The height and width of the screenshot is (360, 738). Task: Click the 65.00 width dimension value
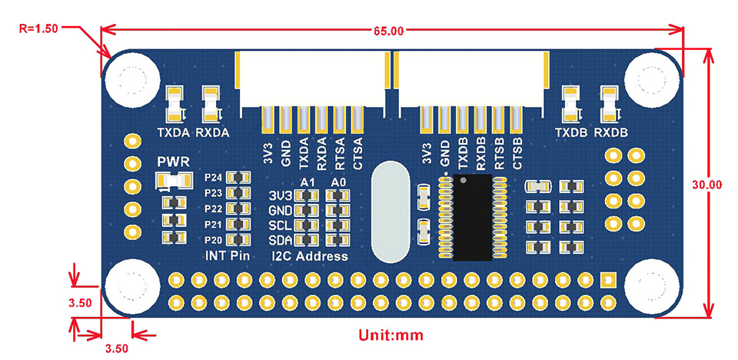click(388, 32)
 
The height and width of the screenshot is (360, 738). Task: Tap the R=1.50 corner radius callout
click(38, 28)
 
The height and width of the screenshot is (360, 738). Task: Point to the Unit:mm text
click(391, 336)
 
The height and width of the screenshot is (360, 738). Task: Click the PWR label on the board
click(171, 162)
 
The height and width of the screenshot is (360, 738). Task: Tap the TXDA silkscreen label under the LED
click(174, 132)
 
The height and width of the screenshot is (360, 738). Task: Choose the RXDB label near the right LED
click(611, 132)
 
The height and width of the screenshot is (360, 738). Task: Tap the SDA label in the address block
click(281, 240)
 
